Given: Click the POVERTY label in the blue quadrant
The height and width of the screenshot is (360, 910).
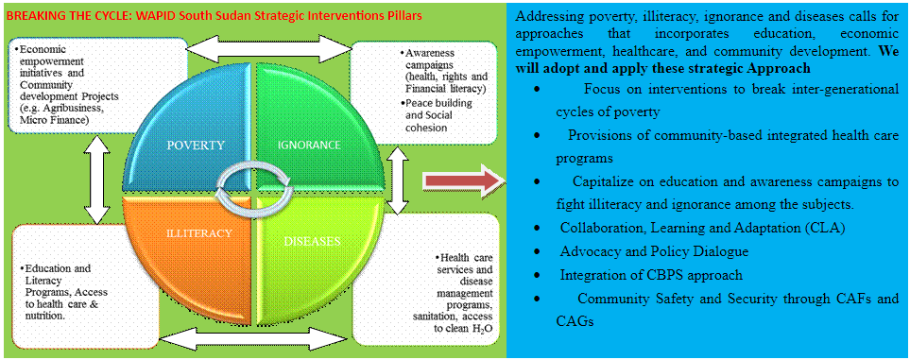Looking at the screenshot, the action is pos(196,146).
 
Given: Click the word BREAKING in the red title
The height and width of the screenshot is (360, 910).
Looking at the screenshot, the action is pos(28,16).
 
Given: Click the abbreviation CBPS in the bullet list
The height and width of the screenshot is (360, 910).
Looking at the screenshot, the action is pos(681,275).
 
